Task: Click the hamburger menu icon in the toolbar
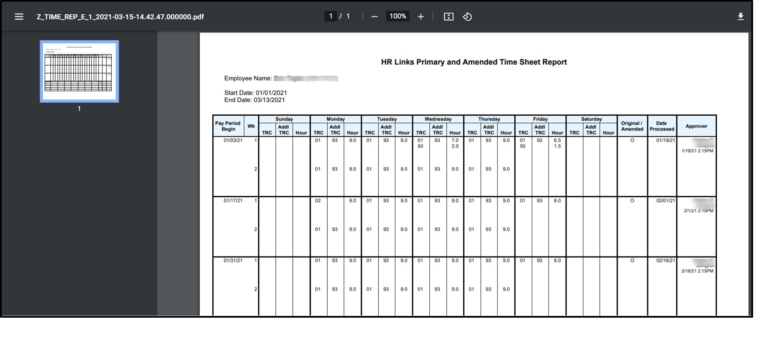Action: click(19, 17)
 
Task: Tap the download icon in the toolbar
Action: click(740, 16)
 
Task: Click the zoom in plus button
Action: click(421, 17)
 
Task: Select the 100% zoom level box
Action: click(398, 16)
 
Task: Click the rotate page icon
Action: click(467, 17)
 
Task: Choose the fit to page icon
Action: click(448, 17)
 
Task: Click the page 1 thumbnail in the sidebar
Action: click(79, 71)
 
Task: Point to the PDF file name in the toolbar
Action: click(120, 17)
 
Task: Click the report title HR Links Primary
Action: click(474, 62)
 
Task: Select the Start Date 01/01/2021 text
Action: click(256, 93)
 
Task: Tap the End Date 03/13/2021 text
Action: click(255, 100)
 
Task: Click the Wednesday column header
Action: click(438, 119)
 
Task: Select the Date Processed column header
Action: click(662, 126)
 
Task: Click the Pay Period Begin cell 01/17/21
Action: click(233, 201)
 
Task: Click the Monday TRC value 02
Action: click(318, 201)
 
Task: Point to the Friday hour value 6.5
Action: click(557, 140)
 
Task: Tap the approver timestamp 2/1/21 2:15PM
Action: click(698, 211)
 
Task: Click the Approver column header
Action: click(696, 126)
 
